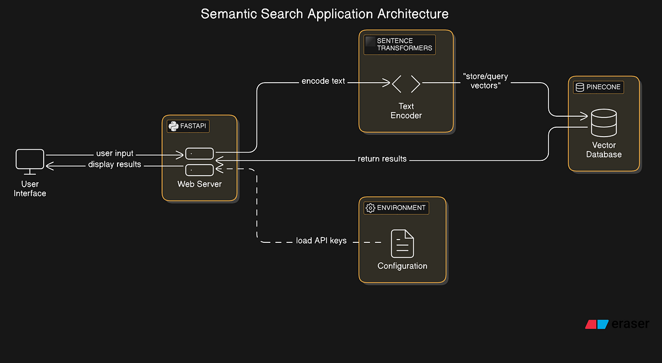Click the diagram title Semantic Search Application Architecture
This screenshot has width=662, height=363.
tap(324, 14)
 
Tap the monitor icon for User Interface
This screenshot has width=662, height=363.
tap(30, 161)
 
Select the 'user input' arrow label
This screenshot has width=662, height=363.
tap(115, 153)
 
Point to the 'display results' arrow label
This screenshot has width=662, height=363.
tap(115, 164)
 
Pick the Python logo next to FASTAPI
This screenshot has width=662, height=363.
tap(173, 126)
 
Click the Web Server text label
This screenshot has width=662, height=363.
tap(199, 183)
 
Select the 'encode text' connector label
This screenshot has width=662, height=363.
tap(323, 81)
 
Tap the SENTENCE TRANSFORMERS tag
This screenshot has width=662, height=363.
tap(404, 45)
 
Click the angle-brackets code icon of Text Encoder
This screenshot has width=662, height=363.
tap(406, 84)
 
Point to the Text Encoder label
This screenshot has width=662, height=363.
tap(406, 111)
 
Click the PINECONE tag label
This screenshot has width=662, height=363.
tap(602, 87)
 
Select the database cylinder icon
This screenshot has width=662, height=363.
tap(604, 123)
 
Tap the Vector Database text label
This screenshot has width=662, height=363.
tap(604, 150)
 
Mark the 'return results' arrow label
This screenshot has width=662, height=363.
tap(382, 159)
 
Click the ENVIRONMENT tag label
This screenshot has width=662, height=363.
tap(401, 208)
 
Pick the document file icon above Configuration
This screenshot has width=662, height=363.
tap(402, 243)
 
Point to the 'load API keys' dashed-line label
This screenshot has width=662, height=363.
tap(321, 241)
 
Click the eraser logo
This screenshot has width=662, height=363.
tap(617, 324)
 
